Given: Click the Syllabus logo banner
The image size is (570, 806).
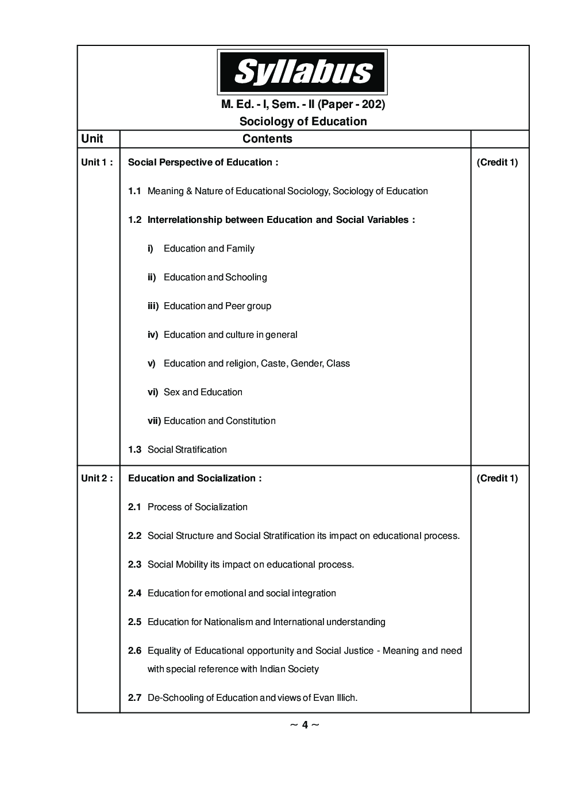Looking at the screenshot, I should tap(302, 72).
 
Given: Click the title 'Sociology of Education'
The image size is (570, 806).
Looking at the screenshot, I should tap(303, 121).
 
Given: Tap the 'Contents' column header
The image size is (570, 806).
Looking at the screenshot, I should tap(267, 138).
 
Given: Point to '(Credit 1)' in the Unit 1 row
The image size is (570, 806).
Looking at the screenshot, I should tap(497, 162).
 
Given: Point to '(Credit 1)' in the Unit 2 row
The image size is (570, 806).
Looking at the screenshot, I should tap(497, 478).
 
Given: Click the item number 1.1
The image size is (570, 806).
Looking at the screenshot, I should tap(134, 191).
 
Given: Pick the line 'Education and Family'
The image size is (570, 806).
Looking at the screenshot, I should tap(209, 248).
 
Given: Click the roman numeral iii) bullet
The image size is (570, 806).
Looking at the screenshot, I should tap(153, 306).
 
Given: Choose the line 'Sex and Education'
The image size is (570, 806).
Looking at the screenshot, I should tap(203, 392).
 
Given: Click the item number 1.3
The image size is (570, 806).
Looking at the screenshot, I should tap(134, 449).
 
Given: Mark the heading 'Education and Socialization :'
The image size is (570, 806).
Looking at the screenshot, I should tap(195, 478).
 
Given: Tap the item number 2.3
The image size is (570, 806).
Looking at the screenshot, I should tap(134, 564).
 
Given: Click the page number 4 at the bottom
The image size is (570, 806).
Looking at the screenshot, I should tap(305, 724).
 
